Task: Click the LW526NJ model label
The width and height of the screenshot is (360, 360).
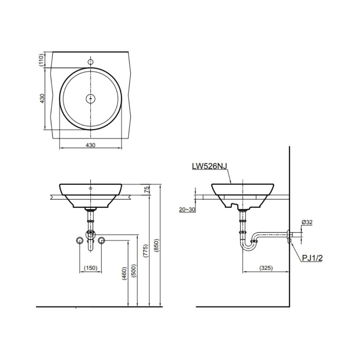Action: [210, 166]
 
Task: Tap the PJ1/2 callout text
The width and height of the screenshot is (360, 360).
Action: [312, 258]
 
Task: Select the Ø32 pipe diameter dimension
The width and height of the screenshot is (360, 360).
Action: [307, 222]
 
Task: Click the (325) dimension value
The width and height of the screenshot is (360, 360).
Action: [266, 268]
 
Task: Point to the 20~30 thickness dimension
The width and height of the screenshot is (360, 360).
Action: [187, 210]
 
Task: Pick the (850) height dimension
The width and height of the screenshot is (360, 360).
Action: [156, 246]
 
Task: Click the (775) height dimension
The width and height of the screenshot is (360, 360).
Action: [146, 250]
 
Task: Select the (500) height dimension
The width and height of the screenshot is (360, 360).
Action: [134, 270]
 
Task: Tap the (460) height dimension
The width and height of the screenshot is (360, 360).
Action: [124, 273]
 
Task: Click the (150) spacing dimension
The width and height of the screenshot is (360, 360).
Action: [91, 268]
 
